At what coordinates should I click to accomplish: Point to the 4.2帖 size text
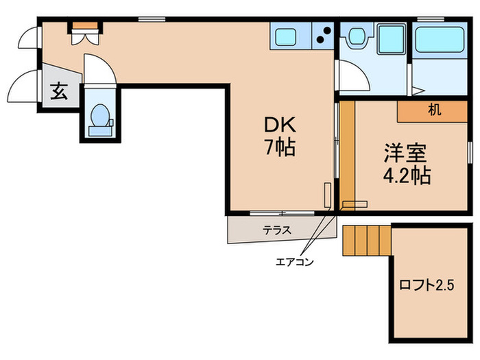[407, 175]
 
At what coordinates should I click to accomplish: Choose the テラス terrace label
[276, 230]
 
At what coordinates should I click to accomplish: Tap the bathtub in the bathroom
[440, 41]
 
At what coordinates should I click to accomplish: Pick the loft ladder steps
[366, 239]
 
